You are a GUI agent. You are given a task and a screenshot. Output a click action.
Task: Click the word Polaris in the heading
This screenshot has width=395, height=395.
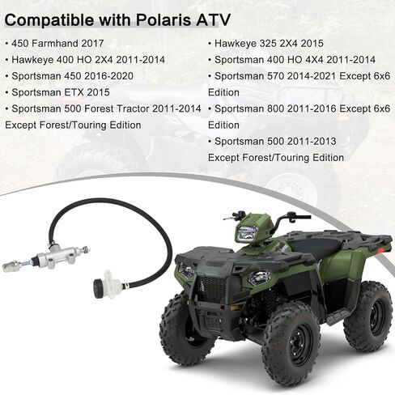164,20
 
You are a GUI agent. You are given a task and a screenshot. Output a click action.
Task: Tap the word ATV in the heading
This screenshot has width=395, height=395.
214,20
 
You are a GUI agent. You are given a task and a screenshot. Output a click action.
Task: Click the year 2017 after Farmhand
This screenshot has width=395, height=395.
92,44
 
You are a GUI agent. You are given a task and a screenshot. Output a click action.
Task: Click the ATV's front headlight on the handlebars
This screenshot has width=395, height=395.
247,232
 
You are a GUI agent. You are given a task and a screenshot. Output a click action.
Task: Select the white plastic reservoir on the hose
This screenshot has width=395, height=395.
113,284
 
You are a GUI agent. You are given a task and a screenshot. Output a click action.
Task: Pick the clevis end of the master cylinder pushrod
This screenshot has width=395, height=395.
11,266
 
